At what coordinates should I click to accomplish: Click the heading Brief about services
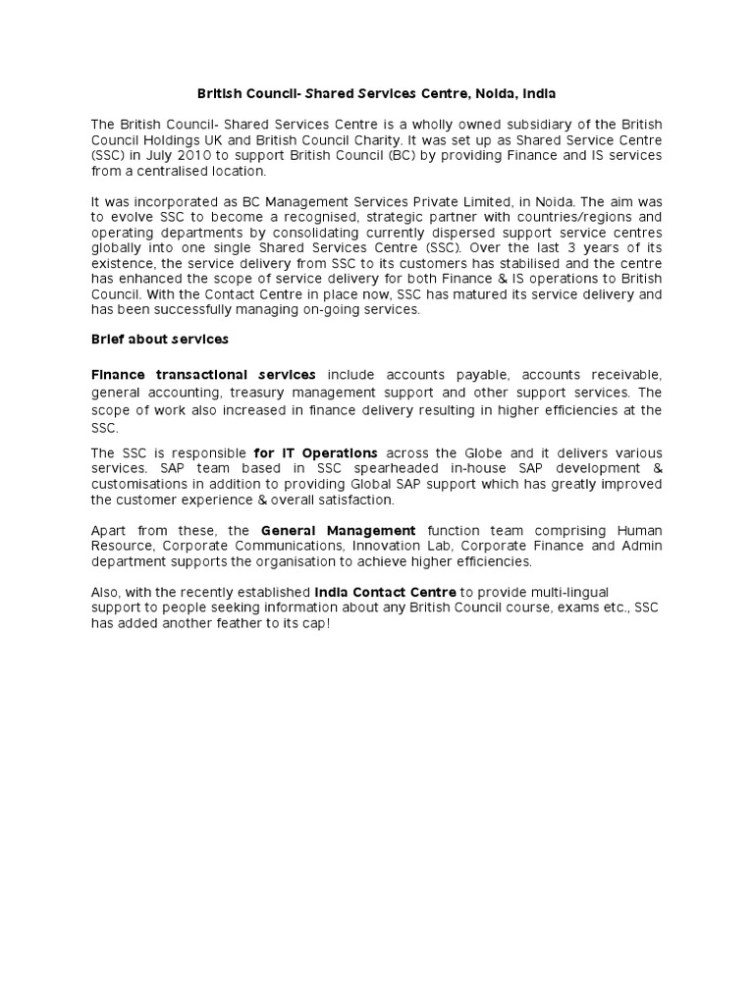pos(159,339)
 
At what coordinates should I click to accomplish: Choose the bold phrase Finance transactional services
pos(203,374)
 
